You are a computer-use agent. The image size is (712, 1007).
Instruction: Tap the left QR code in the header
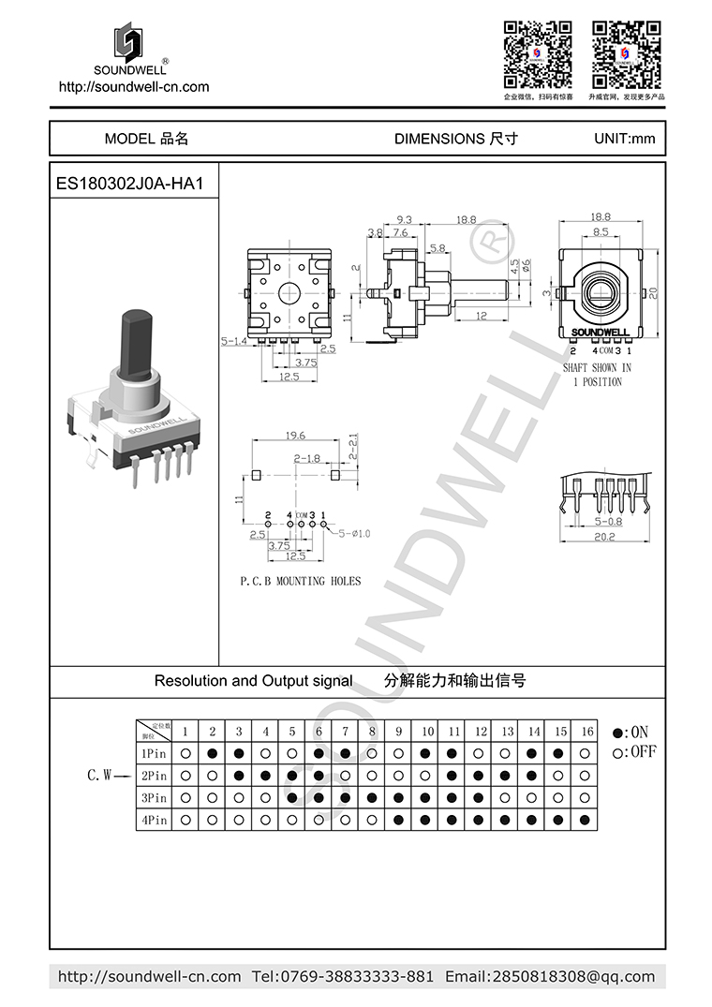[x=538, y=53]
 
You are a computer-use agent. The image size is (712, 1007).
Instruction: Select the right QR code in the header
[x=626, y=53]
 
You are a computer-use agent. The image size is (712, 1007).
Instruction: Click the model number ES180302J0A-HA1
[x=130, y=185]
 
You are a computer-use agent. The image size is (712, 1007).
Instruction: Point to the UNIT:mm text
[x=624, y=139]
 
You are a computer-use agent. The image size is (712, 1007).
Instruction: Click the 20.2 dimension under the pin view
[x=604, y=536]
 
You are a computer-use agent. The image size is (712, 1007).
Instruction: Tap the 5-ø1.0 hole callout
[x=352, y=533]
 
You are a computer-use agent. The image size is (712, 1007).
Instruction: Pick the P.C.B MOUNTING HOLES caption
[x=300, y=581]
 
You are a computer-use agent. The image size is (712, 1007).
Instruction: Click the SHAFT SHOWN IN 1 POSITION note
[x=597, y=375]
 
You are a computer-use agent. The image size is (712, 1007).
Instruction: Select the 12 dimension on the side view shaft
[x=480, y=316]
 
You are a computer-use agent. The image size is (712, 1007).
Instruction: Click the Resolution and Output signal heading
[x=253, y=681]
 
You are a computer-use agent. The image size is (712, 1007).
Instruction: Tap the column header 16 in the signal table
[x=586, y=731]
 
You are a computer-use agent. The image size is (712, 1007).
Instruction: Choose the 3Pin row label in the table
[x=154, y=798]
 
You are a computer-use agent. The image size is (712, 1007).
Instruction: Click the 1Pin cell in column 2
[x=213, y=753]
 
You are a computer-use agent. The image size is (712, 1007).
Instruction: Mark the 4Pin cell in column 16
[x=586, y=821]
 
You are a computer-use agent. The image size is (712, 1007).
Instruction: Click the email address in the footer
[x=550, y=976]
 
